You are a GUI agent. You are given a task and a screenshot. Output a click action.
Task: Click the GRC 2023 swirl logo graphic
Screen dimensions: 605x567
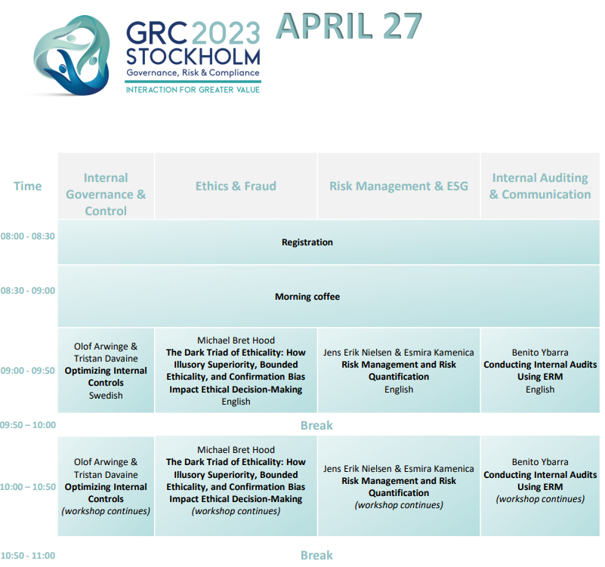[72, 55]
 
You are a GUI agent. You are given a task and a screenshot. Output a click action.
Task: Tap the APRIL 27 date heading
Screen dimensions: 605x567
[349, 26]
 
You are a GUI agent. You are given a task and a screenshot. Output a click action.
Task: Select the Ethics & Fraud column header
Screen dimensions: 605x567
[236, 186]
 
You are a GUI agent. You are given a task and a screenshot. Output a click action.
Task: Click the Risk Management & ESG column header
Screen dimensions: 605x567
[399, 186]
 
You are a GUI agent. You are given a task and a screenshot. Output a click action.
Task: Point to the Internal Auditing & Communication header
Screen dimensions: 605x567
[540, 186]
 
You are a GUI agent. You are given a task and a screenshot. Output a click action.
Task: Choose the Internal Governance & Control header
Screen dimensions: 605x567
[106, 194]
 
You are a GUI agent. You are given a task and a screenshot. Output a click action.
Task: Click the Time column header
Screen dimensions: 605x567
[28, 186]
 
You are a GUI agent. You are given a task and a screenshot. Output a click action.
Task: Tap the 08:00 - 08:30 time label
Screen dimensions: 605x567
[27, 236]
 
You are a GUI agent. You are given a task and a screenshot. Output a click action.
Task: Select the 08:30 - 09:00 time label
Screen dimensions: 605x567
[27, 291]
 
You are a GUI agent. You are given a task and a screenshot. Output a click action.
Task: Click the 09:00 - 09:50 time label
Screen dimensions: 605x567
[27, 371]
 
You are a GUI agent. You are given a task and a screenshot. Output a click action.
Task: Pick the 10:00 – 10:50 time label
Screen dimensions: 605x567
[28, 487]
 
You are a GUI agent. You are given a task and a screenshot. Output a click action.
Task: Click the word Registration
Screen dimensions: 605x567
[307, 242]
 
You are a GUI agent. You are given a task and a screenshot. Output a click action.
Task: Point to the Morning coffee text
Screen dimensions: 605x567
[307, 297]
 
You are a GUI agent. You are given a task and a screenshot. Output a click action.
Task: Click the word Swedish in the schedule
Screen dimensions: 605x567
[106, 396]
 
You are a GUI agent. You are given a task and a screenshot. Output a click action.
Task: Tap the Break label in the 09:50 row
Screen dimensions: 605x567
[316, 425]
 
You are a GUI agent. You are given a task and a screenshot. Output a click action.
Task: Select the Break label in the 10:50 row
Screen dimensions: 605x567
[316, 555]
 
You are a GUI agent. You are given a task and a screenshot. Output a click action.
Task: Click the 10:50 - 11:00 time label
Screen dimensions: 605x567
[28, 556]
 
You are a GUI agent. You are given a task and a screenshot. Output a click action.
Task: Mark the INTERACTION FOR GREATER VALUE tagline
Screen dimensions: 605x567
[193, 90]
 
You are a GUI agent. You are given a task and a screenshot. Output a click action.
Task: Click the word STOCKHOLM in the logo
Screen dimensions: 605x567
[193, 57]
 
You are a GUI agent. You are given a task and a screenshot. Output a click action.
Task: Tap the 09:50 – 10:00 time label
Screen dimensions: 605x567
[28, 425]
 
